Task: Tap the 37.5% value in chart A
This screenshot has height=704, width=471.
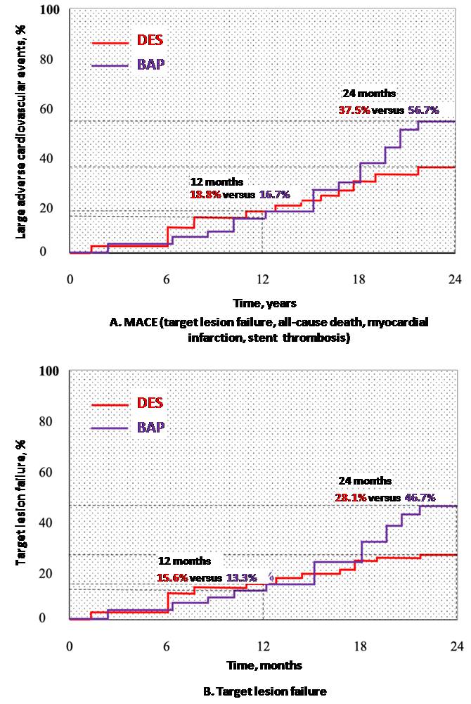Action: (354, 110)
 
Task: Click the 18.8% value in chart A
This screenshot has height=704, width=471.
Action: (205, 193)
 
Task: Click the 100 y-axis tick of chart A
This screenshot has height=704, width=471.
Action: (50, 11)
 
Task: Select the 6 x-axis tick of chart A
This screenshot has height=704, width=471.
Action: (167, 279)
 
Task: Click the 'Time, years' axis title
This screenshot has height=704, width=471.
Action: (264, 303)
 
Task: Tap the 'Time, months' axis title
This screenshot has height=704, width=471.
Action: (264, 665)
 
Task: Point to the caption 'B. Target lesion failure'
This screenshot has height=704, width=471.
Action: (264, 691)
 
